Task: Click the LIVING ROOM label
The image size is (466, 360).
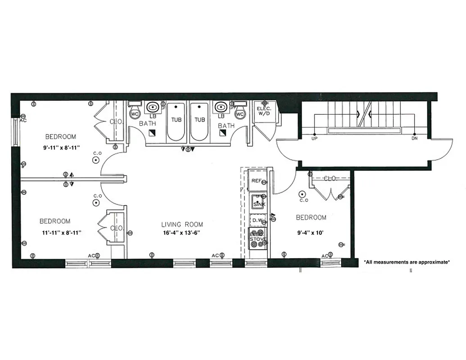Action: coord(182,224)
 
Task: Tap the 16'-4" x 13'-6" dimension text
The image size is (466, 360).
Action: coord(182,233)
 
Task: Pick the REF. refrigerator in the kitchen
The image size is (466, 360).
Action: coord(257,181)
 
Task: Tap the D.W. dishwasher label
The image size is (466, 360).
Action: coord(257,220)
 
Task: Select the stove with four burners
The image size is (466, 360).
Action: coord(258,238)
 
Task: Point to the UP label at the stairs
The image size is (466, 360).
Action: coord(314,139)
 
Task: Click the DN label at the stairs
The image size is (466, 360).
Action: coord(414,139)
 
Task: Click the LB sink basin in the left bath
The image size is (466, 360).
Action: coord(153,108)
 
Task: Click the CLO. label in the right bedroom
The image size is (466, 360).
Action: coord(330,179)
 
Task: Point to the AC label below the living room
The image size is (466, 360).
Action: coord(215,256)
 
